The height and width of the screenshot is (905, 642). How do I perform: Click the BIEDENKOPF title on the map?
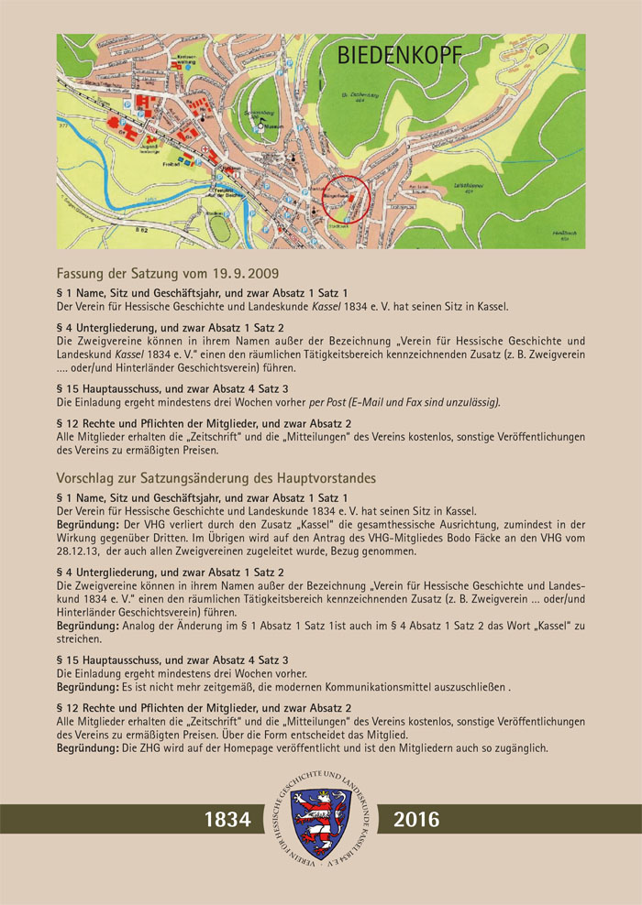point(400,56)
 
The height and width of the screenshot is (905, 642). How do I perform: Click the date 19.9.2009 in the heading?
point(239,273)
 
